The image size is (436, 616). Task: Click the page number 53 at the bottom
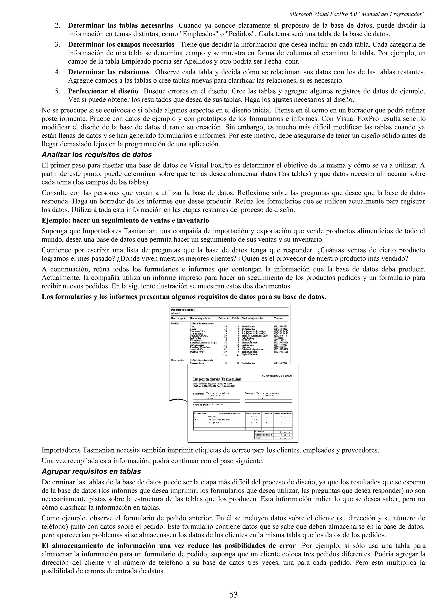234,595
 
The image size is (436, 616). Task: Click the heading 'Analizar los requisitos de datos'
97,155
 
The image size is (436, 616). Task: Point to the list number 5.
57,91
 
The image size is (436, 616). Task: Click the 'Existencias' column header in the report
224,318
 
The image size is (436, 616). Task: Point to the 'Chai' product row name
192,326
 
